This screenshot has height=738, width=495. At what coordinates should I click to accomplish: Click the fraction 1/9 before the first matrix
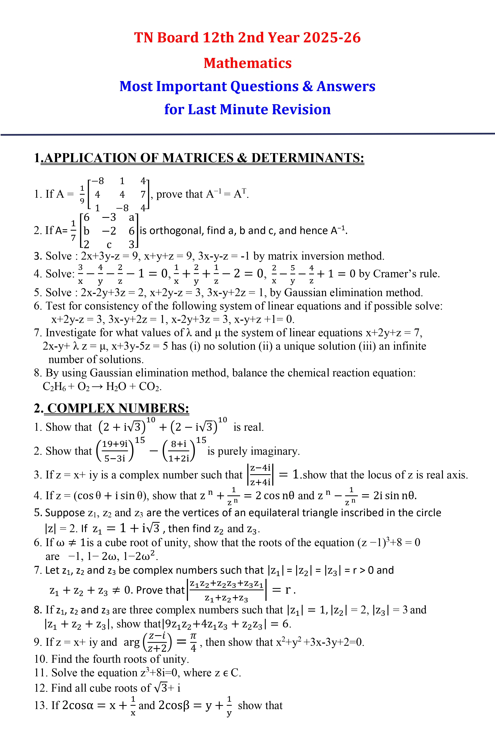[x=82, y=194]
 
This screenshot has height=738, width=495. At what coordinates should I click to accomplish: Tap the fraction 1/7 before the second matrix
[x=73, y=231]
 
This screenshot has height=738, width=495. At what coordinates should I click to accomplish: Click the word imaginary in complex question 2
[x=273, y=451]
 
